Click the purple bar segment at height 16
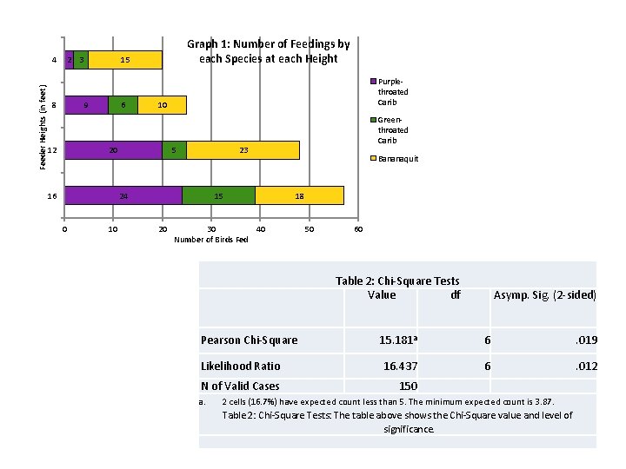[123, 195]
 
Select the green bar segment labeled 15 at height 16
[218, 195]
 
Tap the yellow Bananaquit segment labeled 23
[243, 150]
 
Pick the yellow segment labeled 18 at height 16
[299, 195]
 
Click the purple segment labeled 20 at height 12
[114, 150]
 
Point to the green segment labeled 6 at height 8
[123, 105]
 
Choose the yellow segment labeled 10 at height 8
[162, 105]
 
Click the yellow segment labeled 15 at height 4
[125, 60]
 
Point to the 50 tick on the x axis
[310, 229]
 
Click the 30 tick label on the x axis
[211, 229]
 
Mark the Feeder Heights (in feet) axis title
[43, 127]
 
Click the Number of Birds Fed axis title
[211, 240]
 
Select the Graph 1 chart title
[268, 51]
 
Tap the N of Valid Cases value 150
[408, 386]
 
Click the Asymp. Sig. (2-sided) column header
[544, 294]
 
